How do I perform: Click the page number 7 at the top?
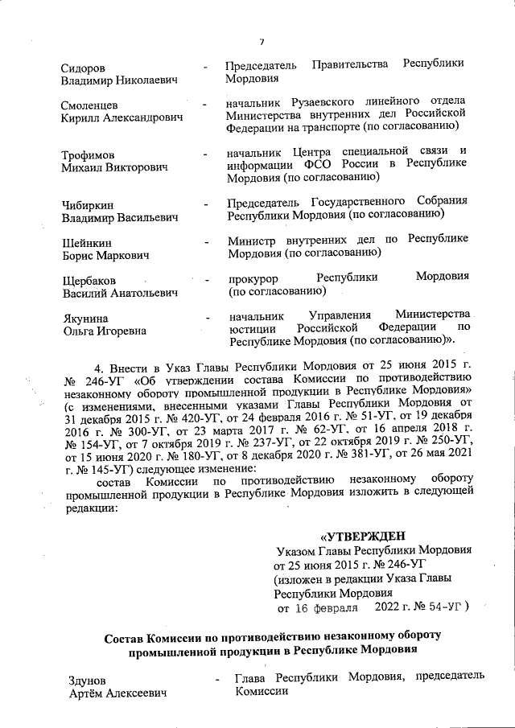click(262, 42)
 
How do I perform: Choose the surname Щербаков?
click(88, 280)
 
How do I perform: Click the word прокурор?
click(252, 278)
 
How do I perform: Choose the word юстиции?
click(253, 328)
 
